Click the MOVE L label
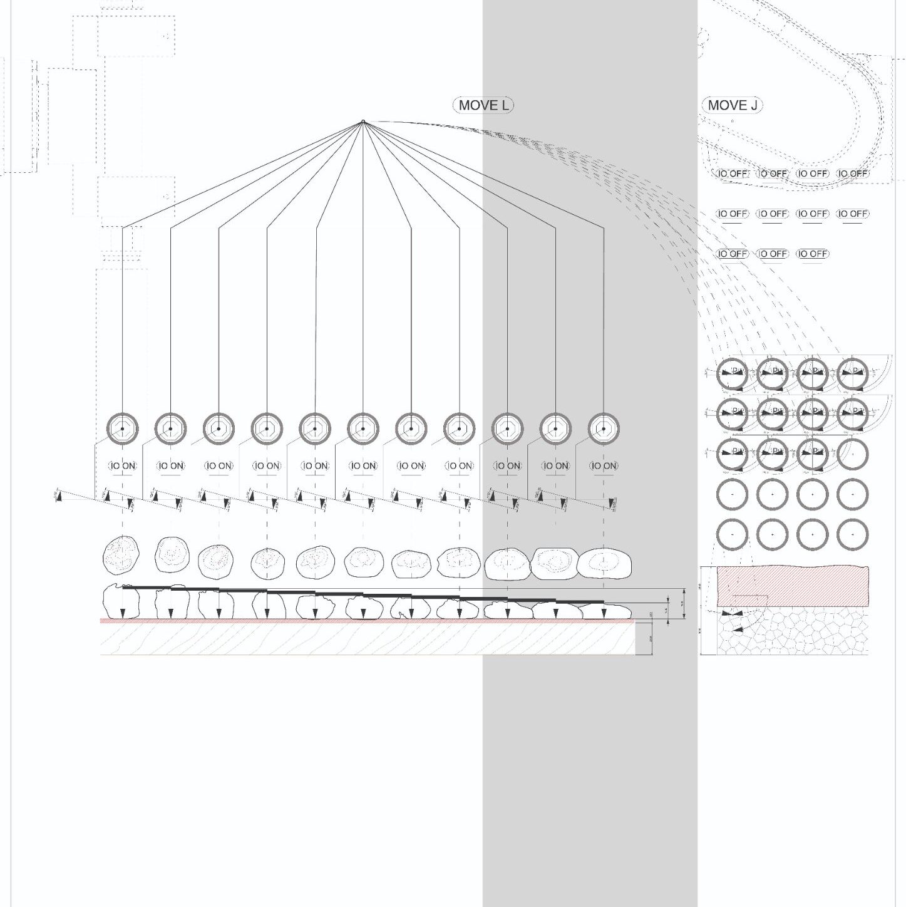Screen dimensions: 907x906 483,105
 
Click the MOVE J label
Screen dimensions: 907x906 732,105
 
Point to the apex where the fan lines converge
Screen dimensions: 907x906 363,121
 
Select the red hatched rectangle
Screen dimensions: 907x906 792,586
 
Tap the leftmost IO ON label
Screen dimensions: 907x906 122,466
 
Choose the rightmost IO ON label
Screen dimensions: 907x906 604,466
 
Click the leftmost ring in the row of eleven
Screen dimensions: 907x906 122,429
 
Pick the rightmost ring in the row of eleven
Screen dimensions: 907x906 604,429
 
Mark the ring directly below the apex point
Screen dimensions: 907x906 363,429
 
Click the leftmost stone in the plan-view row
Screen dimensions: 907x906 121,554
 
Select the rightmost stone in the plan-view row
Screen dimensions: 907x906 604,563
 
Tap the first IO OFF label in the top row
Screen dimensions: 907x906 732,174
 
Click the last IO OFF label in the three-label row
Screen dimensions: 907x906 812,254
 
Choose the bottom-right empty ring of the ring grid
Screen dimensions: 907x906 852,535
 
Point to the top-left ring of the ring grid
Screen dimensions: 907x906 732,374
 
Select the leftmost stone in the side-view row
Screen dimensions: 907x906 121,603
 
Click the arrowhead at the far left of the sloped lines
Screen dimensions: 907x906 59,497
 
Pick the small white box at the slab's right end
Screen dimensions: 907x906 643,638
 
